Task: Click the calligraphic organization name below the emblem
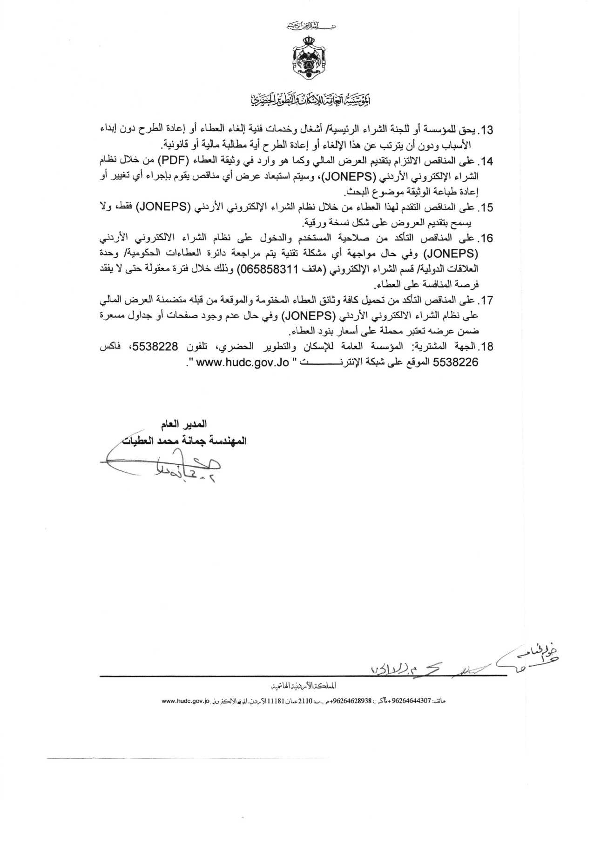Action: (305, 100)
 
